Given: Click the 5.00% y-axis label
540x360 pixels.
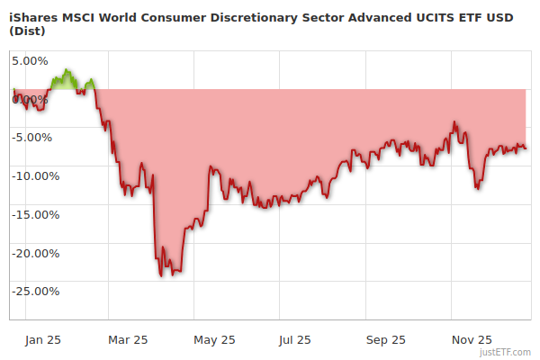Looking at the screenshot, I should [x=30, y=61].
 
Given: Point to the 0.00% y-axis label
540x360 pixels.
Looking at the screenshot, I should [x=30, y=99].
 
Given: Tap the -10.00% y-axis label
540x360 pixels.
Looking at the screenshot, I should [x=35, y=176].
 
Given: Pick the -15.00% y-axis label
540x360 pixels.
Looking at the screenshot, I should [x=35, y=215].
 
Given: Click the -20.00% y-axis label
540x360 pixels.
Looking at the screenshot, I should [x=35, y=253].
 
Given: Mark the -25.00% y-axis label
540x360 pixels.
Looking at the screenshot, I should [x=35, y=292].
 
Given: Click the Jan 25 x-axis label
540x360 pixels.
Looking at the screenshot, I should [x=43, y=339].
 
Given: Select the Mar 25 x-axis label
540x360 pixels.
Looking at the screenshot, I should [x=128, y=339].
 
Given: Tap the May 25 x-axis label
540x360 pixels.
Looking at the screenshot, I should [x=214, y=339].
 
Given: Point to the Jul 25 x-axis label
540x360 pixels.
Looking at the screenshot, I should [x=294, y=339].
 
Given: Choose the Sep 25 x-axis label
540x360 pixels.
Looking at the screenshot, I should [x=386, y=339].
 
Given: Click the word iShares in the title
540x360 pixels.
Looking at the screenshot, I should [x=34, y=14].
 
